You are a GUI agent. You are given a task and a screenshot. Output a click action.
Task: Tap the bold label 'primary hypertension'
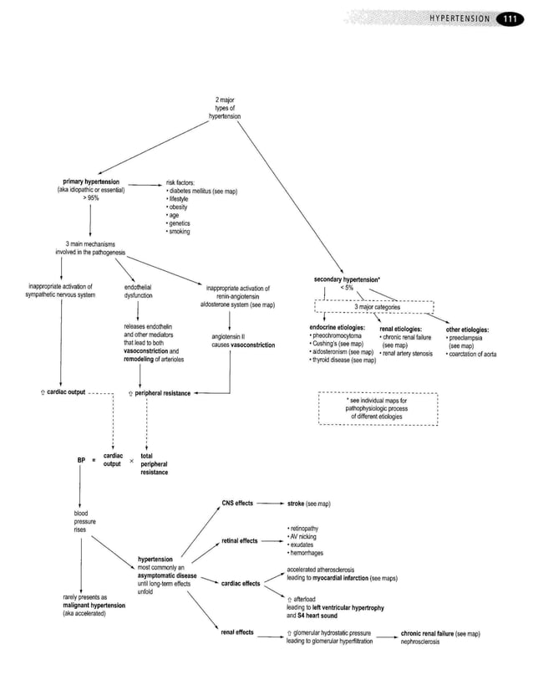(x=90, y=182)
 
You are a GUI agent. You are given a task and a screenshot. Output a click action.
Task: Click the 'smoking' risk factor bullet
(x=180, y=231)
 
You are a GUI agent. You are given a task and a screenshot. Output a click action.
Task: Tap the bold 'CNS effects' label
(x=237, y=504)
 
